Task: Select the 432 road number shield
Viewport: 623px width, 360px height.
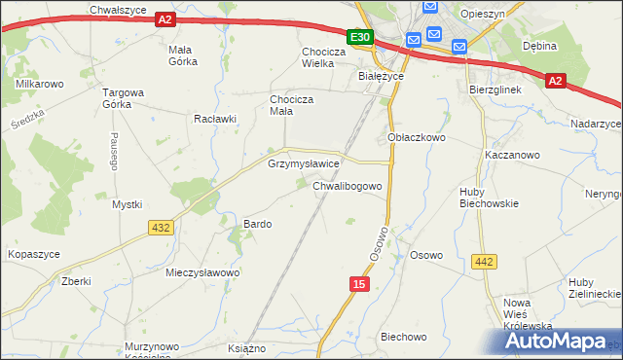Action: (x=162, y=228)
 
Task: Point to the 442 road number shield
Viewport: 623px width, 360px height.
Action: (x=484, y=262)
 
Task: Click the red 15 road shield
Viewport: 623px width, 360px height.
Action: (x=360, y=283)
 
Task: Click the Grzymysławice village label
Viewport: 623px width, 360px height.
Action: (x=304, y=164)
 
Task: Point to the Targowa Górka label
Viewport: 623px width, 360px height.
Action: (x=124, y=100)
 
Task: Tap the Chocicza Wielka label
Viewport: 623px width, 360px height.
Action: (x=332, y=58)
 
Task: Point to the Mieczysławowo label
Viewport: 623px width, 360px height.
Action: (x=202, y=272)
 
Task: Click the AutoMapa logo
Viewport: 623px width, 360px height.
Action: (x=559, y=341)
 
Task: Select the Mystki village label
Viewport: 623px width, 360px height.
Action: (x=127, y=204)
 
